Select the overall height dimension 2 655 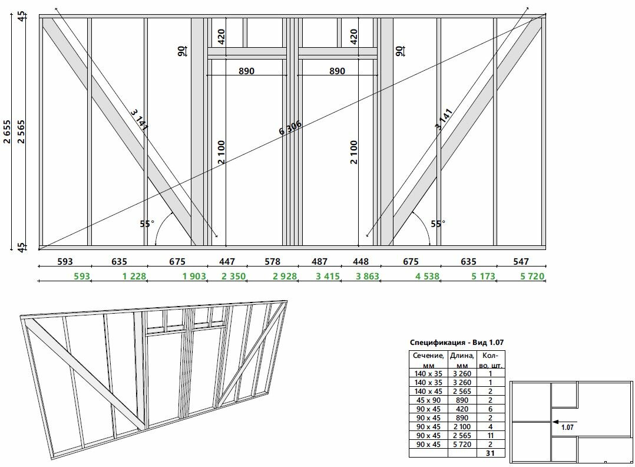coord(7,131)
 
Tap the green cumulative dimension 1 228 coord(134,277)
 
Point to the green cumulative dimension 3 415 coord(328,277)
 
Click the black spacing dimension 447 coord(227,262)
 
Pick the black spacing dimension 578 coord(272,262)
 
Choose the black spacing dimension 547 coord(521,262)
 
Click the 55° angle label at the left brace coord(147,224)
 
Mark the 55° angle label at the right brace coord(438,224)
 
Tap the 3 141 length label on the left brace coord(139,119)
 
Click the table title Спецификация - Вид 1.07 coord(457,343)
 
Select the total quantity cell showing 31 coord(491,453)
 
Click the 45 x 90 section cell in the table coord(428,400)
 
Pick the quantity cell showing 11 coord(491,435)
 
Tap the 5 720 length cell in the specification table coord(462,445)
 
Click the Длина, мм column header coord(462,360)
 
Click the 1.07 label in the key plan coord(567,427)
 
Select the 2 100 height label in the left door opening coord(221,152)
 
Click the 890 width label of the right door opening coord(337,71)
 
